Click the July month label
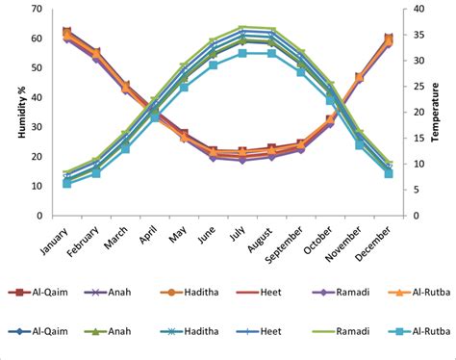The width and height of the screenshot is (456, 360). (237, 234)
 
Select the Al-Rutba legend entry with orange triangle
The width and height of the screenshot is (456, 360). (416, 293)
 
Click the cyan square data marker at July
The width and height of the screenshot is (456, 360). (242, 53)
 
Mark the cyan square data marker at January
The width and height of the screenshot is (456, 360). (67, 183)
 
